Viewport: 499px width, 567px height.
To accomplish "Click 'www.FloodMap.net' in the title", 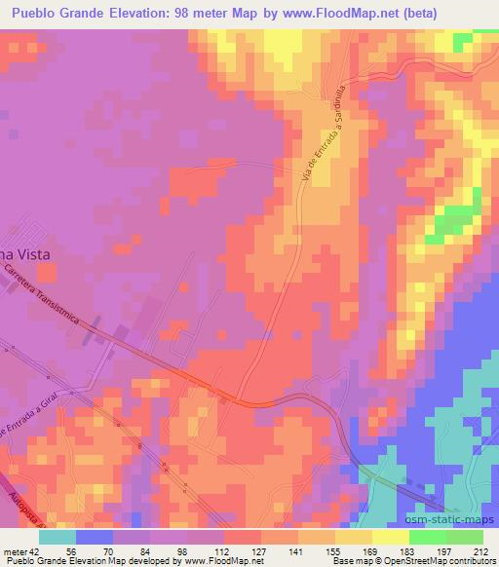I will (317, 13).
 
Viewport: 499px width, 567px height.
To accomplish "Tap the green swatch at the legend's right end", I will (464, 537).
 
